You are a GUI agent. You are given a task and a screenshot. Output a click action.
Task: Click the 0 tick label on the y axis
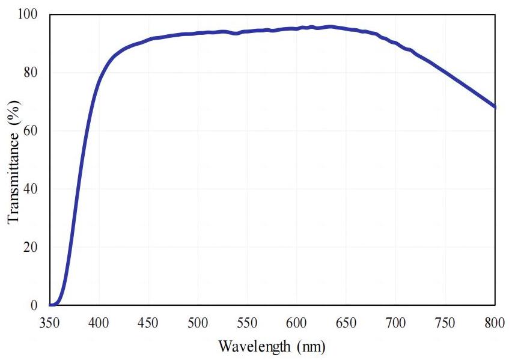[x=35, y=305]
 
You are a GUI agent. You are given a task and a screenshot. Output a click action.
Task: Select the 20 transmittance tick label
[x=32, y=247]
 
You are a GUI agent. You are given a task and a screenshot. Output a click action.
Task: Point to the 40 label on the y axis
[x=32, y=189]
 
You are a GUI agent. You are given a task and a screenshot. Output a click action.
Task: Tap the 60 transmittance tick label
[x=32, y=130]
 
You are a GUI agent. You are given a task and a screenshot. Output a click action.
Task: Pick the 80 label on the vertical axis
[x=32, y=73]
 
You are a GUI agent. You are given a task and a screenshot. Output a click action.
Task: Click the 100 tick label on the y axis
[x=28, y=14]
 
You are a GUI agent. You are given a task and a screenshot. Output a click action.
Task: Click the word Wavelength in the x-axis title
[x=249, y=347]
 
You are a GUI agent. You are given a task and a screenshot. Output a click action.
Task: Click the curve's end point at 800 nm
[x=495, y=107]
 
